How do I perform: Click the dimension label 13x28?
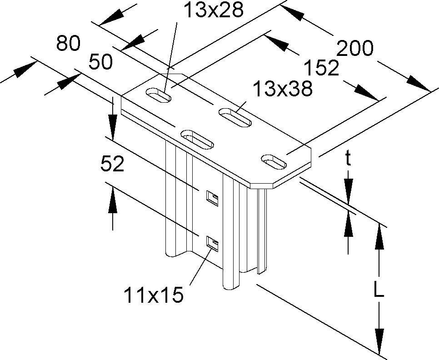pos(214,10)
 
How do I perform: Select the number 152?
pos(321,68)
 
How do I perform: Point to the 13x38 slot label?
pos(283,89)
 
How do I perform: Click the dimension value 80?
pos(68,44)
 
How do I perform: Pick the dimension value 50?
pos(100,62)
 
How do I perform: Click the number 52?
pos(112,165)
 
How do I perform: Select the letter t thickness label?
pos(348,159)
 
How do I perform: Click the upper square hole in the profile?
pos(212,197)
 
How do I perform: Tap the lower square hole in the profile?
pos(212,244)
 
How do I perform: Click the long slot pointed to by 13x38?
pos(235,117)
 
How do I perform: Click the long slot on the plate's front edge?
pos(197,139)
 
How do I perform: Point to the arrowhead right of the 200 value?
pos(417,85)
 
